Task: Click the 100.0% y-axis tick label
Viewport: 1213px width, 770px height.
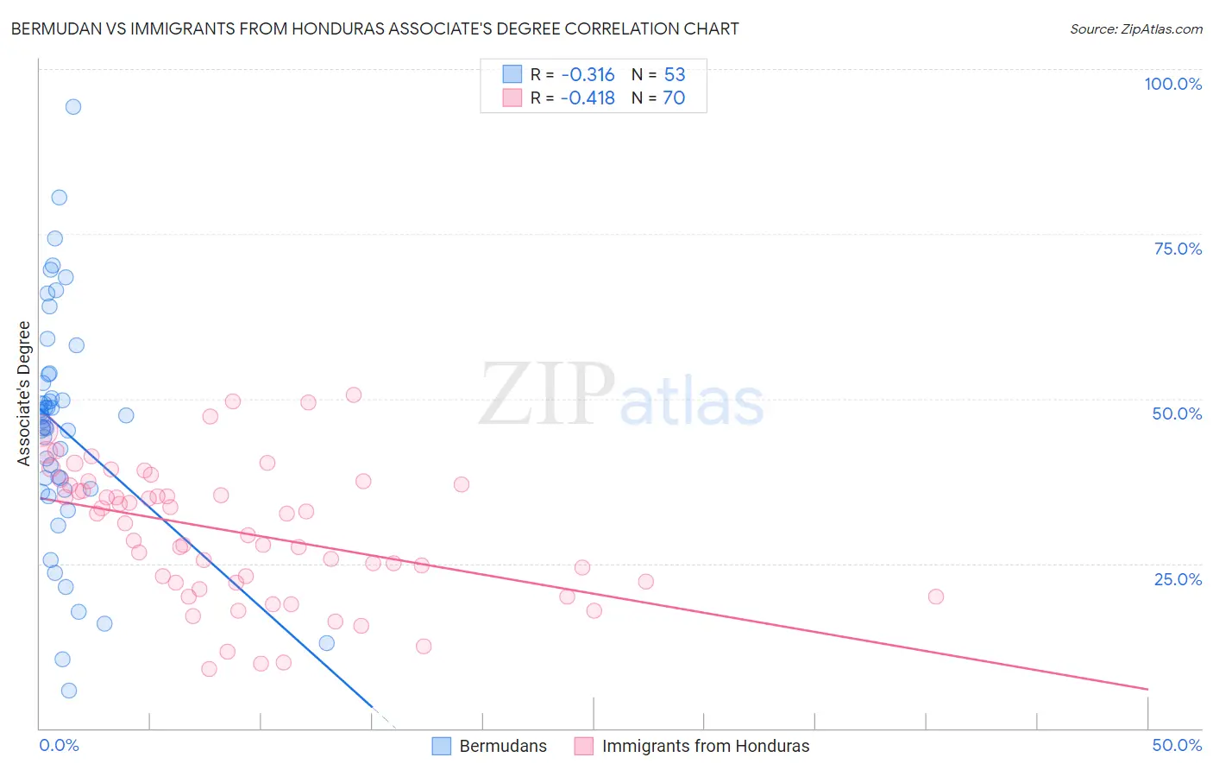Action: click(1172, 84)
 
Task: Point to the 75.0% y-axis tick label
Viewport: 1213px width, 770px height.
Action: click(1178, 249)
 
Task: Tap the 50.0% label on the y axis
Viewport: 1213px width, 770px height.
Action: click(1177, 413)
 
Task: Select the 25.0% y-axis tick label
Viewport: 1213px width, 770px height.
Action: click(1178, 579)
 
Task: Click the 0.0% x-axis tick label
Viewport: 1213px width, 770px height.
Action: click(59, 745)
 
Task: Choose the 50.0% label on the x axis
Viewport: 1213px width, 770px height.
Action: click(1177, 745)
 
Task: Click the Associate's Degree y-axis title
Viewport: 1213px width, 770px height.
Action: click(24, 393)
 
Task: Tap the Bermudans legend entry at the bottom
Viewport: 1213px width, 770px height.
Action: click(503, 746)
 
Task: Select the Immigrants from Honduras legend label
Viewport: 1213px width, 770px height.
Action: click(705, 746)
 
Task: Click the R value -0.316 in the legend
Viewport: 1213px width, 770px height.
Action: click(587, 75)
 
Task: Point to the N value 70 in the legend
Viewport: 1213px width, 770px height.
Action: click(674, 98)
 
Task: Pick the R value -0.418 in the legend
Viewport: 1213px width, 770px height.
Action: click(587, 98)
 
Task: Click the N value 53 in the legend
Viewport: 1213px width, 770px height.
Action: click(675, 75)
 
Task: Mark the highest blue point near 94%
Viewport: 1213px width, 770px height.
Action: click(73, 107)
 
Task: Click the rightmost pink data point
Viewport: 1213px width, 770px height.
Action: click(936, 596)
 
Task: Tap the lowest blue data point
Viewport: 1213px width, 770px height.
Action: click(69, 691)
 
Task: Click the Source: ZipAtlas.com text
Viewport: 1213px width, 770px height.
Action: click(1135, 29)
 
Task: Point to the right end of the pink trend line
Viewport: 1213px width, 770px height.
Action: click(1147, 689)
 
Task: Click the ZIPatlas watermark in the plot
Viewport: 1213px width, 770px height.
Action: click(621, 395)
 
